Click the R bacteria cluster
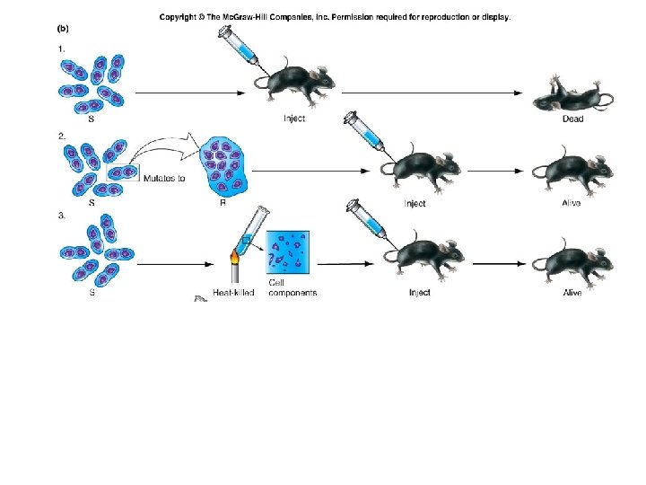(x=223, y=163)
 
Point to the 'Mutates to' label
(x=164, y=177)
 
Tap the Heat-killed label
(x=233, y=293)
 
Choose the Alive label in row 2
(x=572, y=203)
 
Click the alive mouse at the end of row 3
(x=575, y=260)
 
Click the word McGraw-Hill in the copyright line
(x=244, y=16)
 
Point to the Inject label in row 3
(x=419, y=293)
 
